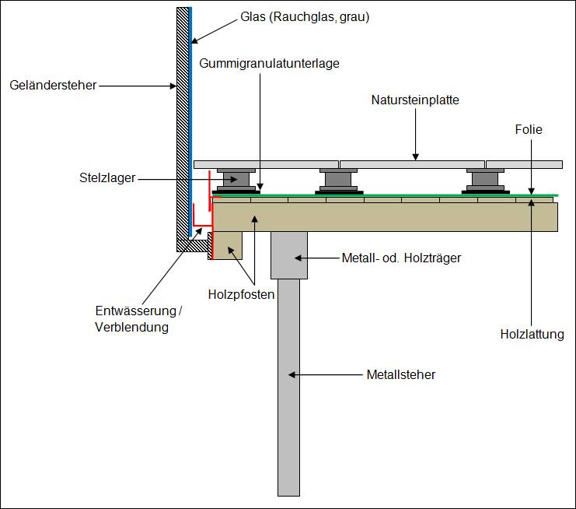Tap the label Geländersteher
[54, 85]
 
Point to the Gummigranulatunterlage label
[270, 62]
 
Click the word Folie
[529, 129]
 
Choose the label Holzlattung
[532, 335]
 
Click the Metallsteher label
[400, 374]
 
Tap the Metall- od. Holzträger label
[401, 258]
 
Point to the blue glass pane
[190, 117]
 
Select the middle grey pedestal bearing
[338, 181]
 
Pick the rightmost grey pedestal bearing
[485, 181]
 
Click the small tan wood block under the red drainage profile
[227, 245]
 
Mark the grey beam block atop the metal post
[288, 254]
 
